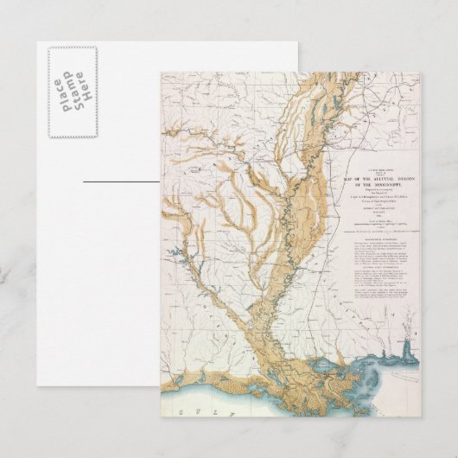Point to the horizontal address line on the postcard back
coord(121,182)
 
